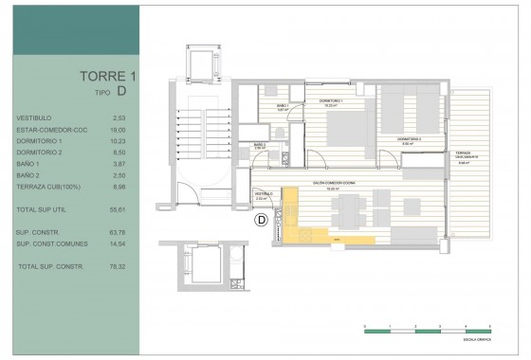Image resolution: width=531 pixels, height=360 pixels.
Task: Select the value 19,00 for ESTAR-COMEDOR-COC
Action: point(119,128)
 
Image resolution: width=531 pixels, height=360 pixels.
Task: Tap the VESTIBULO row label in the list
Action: point(34,117)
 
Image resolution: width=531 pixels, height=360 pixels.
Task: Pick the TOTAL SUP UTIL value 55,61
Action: point(119,206)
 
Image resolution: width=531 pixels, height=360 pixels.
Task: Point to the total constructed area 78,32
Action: point(119,267)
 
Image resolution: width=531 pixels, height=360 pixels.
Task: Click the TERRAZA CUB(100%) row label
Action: point(46,187)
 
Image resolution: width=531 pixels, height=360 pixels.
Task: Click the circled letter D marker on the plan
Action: point(261,223)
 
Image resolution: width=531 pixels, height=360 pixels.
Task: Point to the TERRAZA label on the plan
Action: point(463,153)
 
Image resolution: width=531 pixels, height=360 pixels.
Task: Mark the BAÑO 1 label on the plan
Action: point(282,106)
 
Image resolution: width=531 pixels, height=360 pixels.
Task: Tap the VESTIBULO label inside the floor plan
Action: point(265,194)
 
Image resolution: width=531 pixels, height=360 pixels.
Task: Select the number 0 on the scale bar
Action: point(364,325)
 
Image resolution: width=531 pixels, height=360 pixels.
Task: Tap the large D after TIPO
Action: point(121,92)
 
